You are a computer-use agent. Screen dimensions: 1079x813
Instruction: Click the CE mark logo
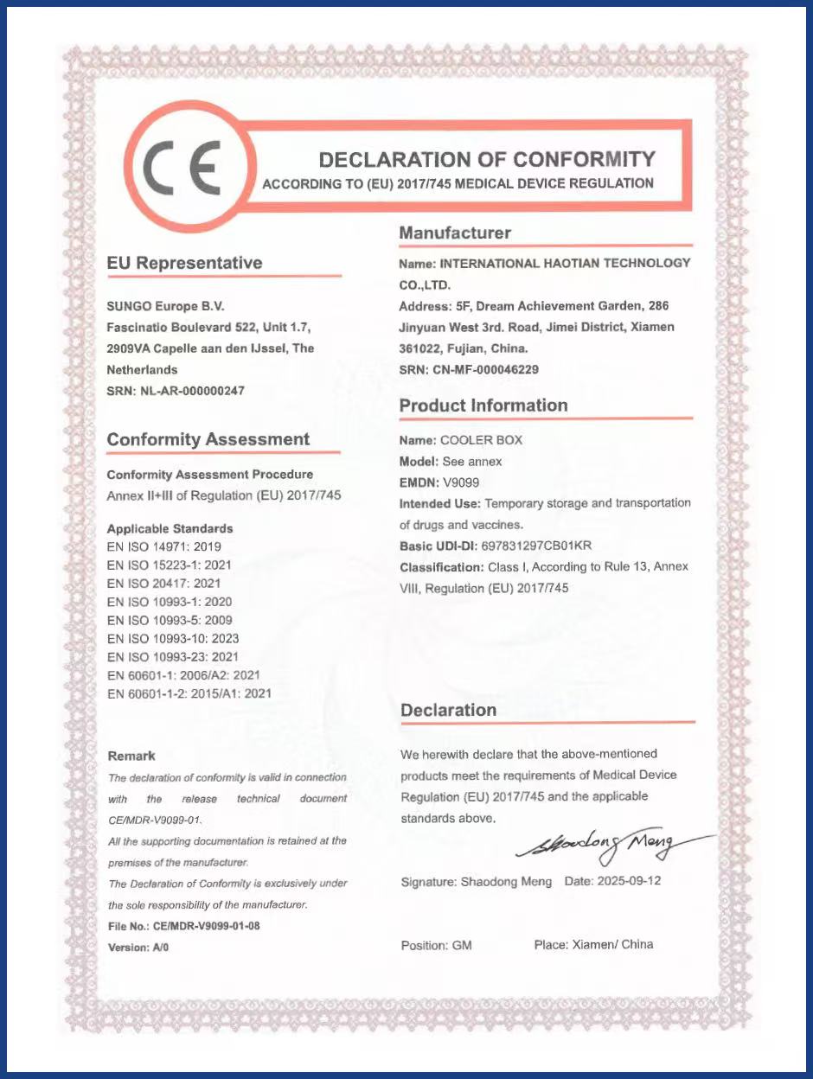(x=184, y=168)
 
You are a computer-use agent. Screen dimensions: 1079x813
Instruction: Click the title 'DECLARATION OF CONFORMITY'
(x=487, y=159)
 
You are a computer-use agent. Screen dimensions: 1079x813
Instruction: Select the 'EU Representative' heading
(x=184, y=263)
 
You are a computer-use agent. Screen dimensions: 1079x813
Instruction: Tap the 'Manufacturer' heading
(x=455, y=233)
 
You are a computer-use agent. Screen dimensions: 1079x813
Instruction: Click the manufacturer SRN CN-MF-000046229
(x=493, y=369)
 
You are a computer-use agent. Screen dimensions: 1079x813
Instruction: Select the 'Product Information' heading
(x=483, y=405)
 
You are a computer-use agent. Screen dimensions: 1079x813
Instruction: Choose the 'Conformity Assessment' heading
(x=208, y=439)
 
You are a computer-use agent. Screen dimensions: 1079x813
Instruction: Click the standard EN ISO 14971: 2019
(x=164, y=546)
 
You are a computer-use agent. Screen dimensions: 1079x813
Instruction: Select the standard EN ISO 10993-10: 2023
(x=173, y=638)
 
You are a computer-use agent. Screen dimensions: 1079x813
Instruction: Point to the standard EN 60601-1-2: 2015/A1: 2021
(x=189, y=693)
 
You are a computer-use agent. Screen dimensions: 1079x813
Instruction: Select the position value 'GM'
(x=462, y=946)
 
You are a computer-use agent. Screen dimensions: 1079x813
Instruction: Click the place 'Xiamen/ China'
(x=612, y=944)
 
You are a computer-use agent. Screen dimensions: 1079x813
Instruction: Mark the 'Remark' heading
(x=131, y=756)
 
